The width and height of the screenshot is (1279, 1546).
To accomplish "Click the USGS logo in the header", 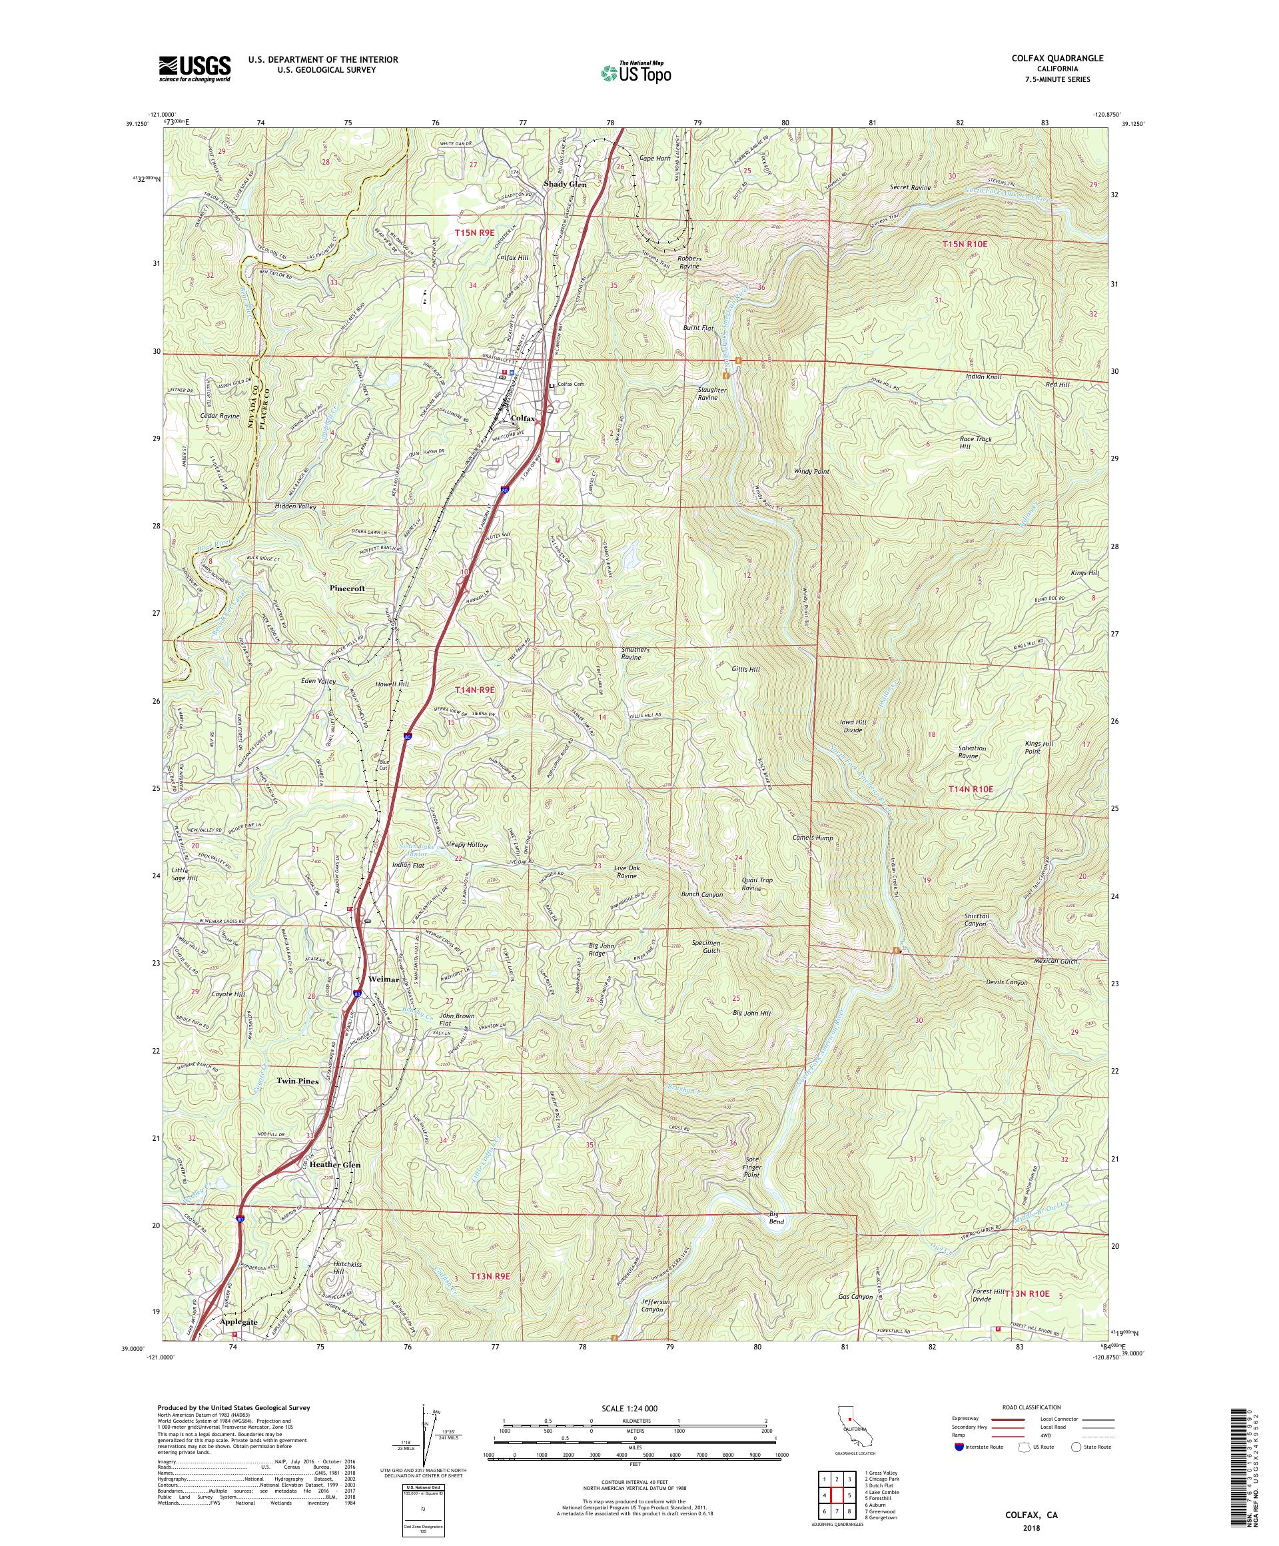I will [195, 69].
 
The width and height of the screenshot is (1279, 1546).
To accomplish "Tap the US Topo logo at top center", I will [637, 71].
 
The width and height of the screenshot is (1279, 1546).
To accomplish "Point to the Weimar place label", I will [384, 979].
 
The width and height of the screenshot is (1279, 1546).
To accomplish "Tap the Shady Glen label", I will [565, 184].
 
